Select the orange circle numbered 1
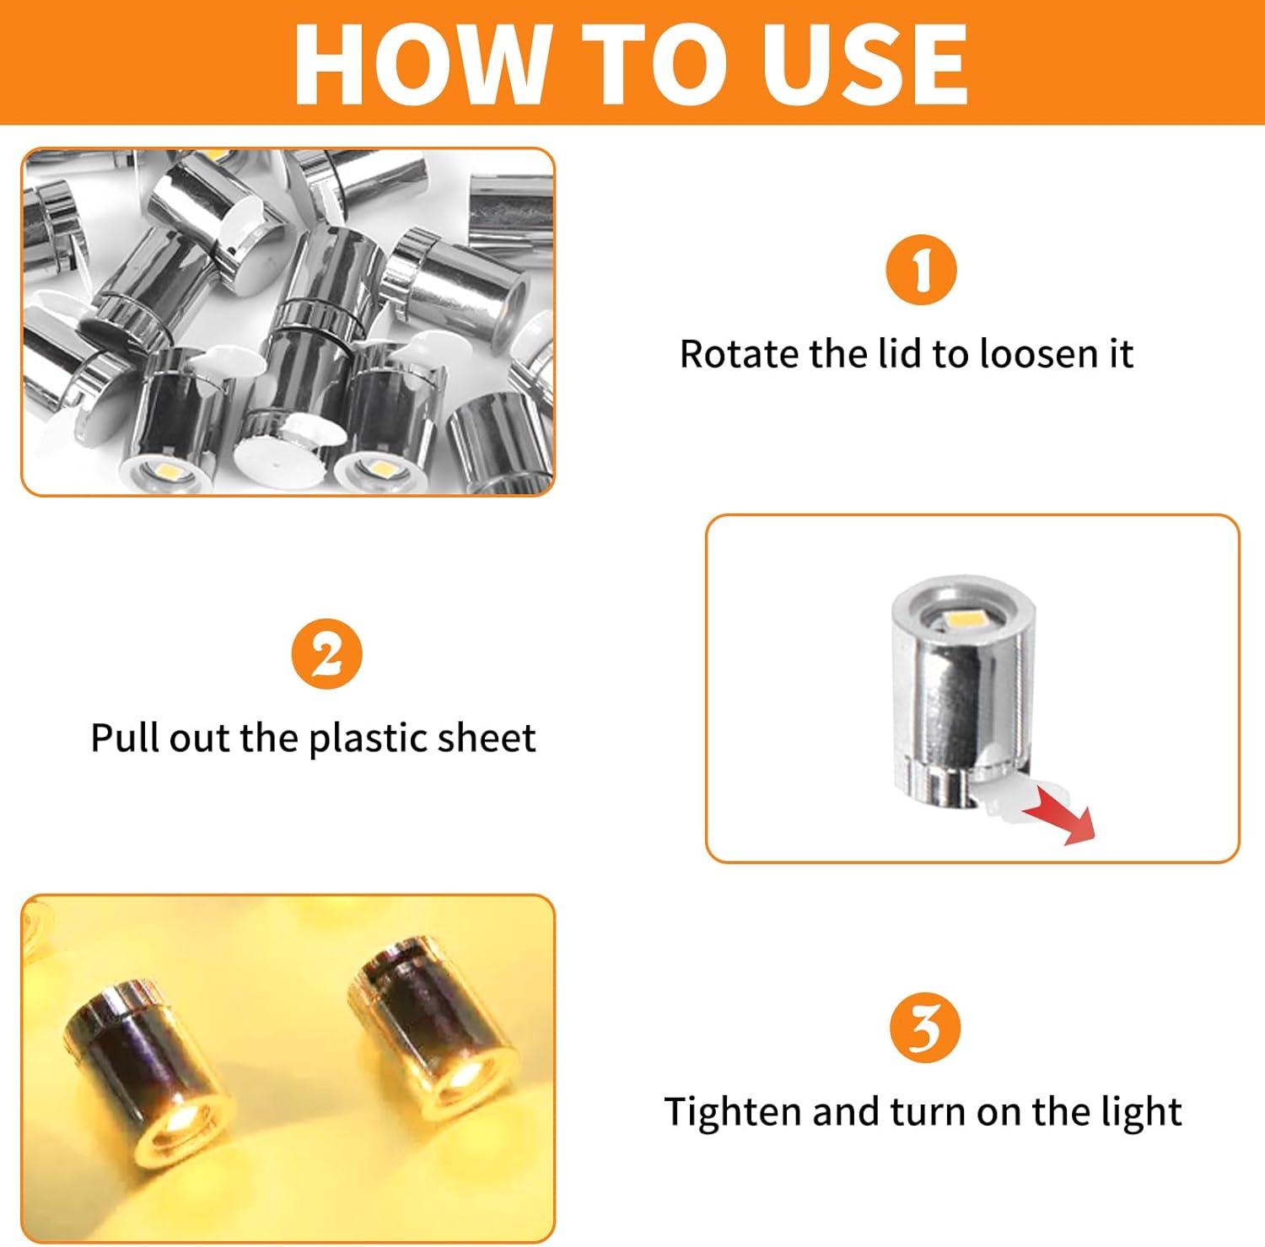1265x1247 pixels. point(921,270)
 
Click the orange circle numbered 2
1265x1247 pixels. point(326,654)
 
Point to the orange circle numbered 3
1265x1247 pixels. point(925,1028)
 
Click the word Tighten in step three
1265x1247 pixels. point(734,1113)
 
